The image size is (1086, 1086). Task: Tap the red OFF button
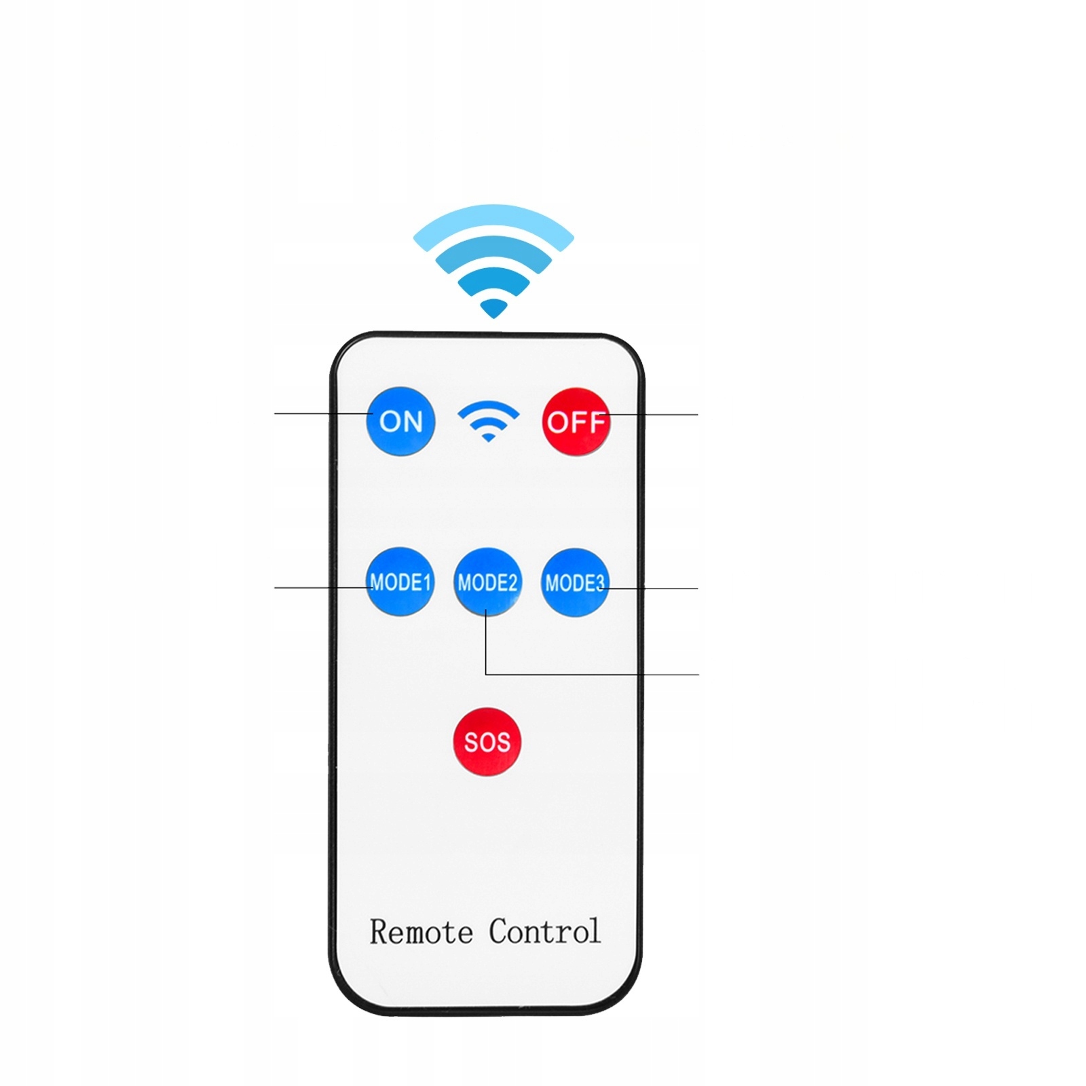[576, 422]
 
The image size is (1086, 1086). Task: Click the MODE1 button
[400, 582]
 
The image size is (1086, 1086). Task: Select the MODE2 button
[487, 582]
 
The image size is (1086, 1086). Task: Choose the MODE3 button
[574, 582]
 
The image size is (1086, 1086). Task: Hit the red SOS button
[487, 741]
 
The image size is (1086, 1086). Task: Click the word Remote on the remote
[421, 932]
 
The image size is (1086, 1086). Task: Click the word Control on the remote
[544, 931]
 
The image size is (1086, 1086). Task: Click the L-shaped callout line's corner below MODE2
[486, 674]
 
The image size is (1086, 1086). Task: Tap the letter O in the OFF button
[557, 423]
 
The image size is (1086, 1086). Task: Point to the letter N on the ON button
[412, 422]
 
